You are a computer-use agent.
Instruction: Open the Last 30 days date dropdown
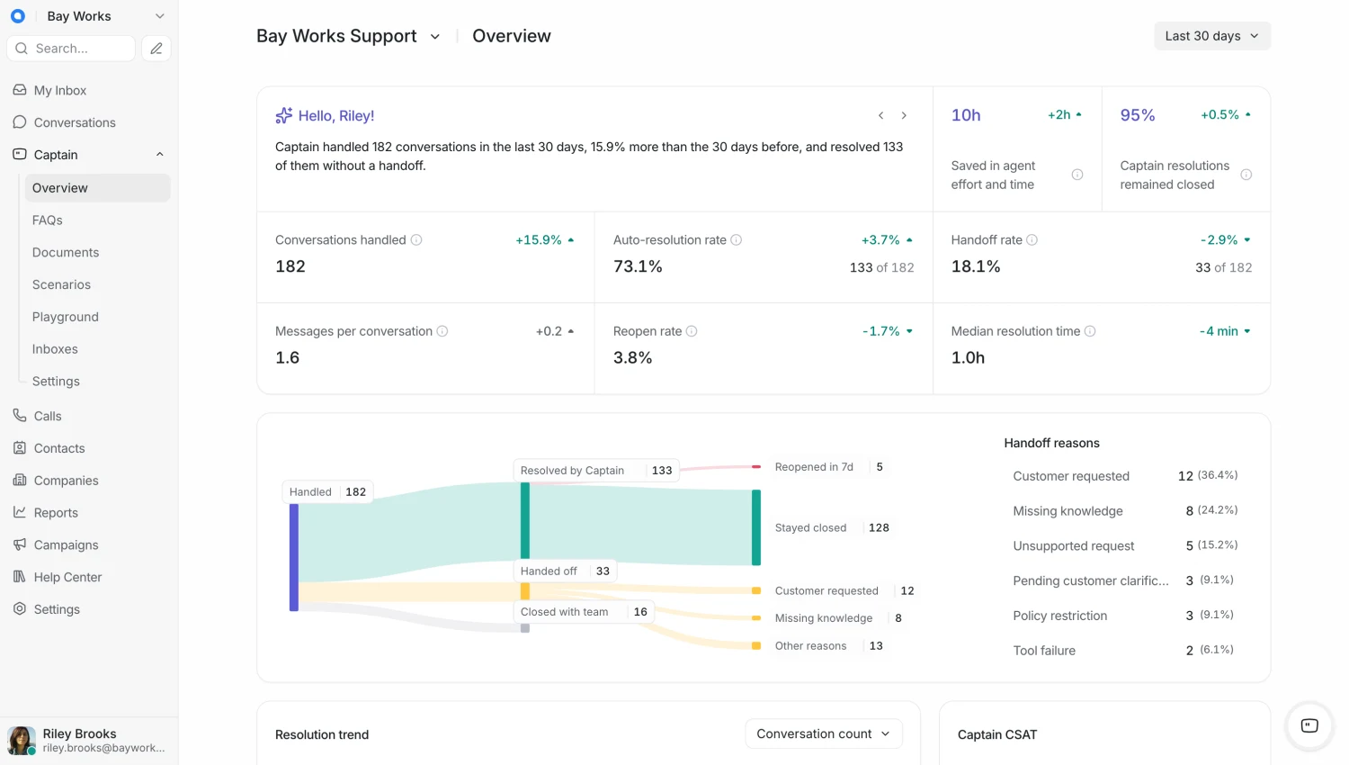[x=1211, y=36]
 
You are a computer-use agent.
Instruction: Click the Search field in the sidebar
[x=71, y=49]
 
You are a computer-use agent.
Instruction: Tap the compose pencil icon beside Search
[x=156, y=49]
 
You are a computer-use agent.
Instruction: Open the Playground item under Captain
[x=65, y=317]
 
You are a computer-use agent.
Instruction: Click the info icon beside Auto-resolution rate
[x=736, y=240]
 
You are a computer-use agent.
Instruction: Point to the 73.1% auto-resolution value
[x=638, y=266]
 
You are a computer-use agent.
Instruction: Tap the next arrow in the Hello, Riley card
[x=904, y=115]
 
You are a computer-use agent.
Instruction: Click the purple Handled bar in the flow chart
[x=294, y=558]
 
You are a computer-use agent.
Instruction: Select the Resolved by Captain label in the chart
[x=572, y=470]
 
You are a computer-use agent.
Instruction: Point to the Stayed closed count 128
[x=879, y=527]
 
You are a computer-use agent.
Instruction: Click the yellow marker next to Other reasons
[x=756, y=645]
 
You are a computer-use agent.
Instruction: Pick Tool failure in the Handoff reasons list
[x=1043, y=651]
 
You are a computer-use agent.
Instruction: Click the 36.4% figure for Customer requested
[x=1218, y=475]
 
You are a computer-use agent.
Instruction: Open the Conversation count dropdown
[x=823, y=733]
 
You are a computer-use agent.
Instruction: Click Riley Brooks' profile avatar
[x=21, y=741]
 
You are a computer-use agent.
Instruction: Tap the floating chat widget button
[x=1309, y=725]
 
